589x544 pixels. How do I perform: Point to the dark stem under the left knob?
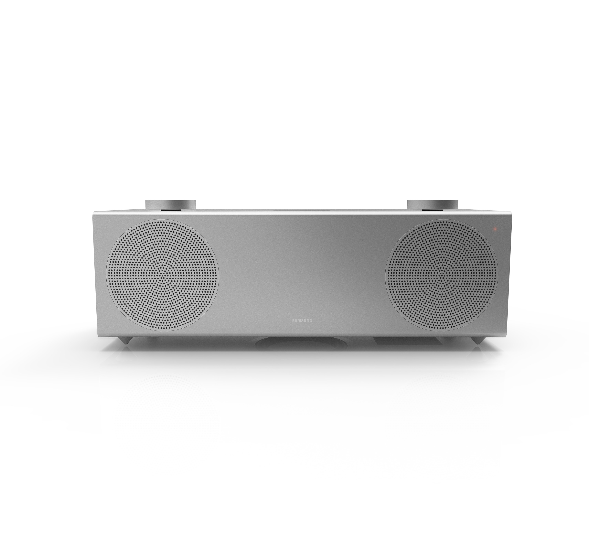tap(170, 210)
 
